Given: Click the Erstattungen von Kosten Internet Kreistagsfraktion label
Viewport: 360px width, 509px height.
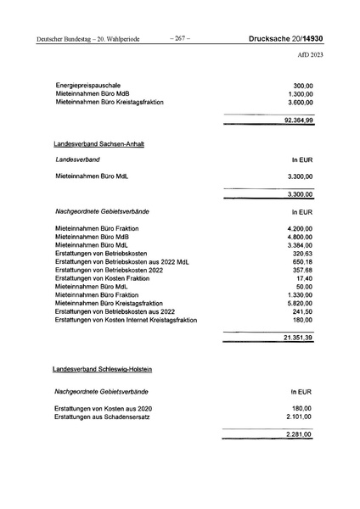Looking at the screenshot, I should click(x=126, y=320).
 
